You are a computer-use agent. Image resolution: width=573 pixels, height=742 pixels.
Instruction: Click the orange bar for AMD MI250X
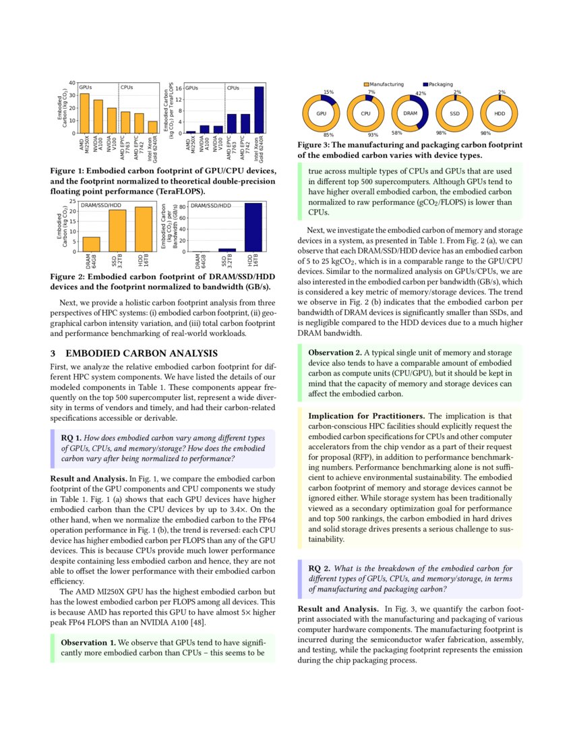pos(84,113)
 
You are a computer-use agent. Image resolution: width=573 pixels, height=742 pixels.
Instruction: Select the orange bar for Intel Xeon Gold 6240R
pos(153,126)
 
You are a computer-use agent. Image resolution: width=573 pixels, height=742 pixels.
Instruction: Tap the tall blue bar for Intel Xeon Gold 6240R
pos(259,109)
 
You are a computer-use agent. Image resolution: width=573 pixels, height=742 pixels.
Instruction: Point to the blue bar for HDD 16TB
pos(253,227)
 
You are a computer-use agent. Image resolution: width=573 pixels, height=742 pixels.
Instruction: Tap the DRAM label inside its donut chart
pos(411,113)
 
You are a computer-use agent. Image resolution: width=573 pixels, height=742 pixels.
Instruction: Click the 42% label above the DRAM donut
pos(421,93)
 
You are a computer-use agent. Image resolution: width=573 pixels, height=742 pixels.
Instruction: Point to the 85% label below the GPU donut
pos(329,134)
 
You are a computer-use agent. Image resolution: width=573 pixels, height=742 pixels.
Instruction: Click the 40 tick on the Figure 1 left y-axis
pos(72,82)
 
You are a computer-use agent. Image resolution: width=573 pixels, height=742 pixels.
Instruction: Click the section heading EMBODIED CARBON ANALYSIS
pos(142,353)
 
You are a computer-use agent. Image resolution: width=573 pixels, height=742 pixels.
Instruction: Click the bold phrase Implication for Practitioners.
pos(367,416)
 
